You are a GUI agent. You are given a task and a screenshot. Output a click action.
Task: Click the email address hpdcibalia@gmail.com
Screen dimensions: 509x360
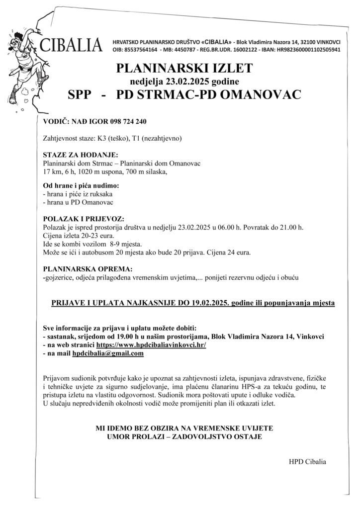[x=108, y=353]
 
